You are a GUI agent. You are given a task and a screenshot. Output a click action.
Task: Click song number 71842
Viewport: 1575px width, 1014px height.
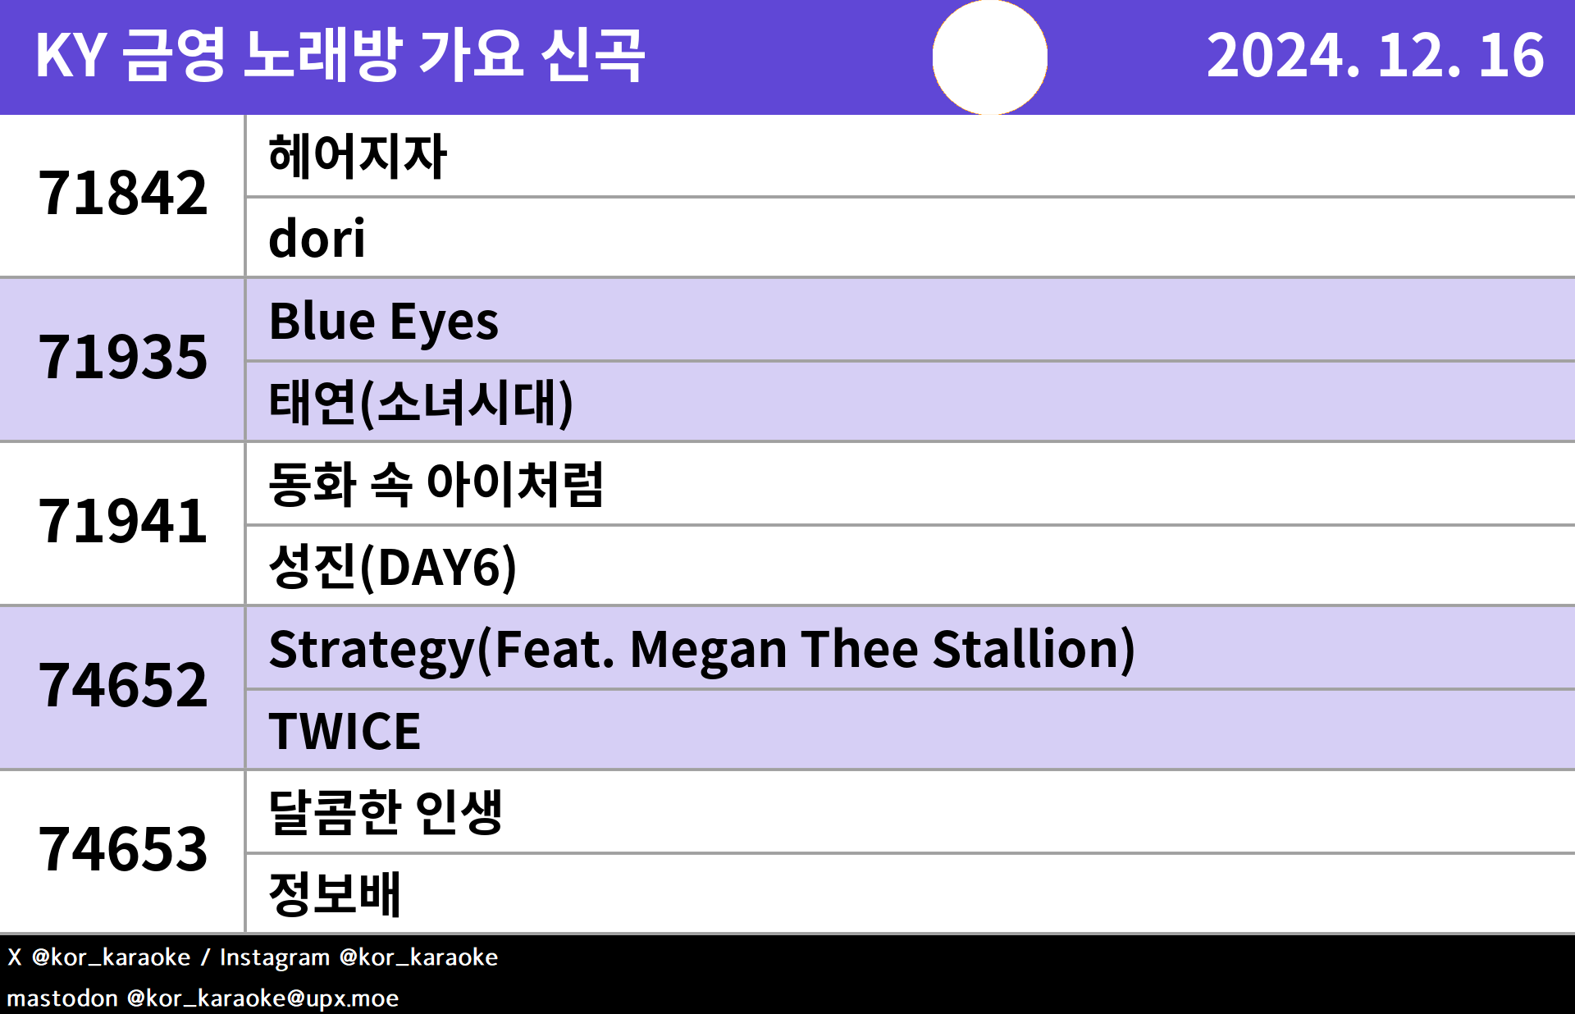click(x=123, y=194)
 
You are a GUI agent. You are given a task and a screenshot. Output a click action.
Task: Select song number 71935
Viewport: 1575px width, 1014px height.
click(x=123, y=358)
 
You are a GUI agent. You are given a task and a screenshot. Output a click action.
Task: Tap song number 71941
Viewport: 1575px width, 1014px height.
click(x=123, y=522)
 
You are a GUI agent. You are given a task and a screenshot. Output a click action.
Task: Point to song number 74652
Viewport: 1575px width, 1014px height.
click(x=123, y=686)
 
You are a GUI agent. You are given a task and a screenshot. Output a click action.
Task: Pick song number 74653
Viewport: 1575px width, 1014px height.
click(x=123, y=850)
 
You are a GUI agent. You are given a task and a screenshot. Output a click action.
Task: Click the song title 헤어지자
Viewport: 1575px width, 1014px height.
click(x=358, y=156)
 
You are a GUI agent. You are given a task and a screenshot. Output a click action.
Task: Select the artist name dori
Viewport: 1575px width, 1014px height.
click(x=317, y=238)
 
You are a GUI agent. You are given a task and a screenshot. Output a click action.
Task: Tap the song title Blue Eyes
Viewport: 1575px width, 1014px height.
click(x=383, y=322)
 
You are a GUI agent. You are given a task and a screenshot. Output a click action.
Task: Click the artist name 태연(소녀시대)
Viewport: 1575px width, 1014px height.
click(x=421, y=403)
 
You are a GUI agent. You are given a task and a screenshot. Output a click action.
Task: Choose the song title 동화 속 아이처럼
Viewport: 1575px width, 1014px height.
click(x=436, y=484)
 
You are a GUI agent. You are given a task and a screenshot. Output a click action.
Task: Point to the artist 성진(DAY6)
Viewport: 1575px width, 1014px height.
click(x=393, y=567)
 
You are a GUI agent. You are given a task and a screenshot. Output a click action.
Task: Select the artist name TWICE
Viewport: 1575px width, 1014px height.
click(x=345, y=731)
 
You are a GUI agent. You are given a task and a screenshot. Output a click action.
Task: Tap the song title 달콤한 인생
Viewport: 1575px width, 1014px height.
click(x=386, y=812)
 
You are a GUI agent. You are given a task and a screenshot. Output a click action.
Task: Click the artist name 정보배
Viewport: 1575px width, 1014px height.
click(x=335, y=894)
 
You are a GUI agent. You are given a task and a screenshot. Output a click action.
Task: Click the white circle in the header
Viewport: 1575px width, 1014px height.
click(x=990, y=57)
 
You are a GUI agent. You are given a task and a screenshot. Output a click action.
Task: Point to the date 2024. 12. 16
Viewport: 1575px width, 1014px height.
click(x=1376, y=56)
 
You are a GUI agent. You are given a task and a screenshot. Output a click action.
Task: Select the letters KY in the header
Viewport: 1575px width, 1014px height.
click(x=71, y=56)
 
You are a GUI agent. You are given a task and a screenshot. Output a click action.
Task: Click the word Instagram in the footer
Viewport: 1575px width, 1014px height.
click(x=275, y=957)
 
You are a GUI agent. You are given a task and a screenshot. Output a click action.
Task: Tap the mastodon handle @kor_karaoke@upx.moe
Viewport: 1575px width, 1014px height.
click(x=262, y=998)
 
